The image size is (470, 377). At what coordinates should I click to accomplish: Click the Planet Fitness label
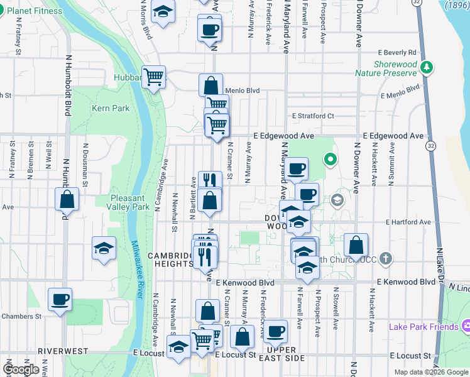tap(36, 11)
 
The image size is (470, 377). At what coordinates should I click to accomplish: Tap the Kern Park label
tap(111, 108)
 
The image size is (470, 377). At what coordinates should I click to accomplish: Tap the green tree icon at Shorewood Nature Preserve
tap(428, 67)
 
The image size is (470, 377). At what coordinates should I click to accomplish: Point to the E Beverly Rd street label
tap(397, 53)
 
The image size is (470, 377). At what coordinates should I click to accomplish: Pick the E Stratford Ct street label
tap(313, 116)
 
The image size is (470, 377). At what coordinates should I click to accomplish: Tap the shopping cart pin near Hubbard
tap(153, 77)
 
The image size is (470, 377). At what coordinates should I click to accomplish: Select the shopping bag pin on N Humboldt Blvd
tap(67, 200)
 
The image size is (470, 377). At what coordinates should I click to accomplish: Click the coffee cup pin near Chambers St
tap(60, 299)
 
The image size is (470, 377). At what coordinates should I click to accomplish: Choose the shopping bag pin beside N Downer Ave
tap(356, 246)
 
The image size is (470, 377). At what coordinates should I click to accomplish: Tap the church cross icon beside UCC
tap(386, 258)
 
